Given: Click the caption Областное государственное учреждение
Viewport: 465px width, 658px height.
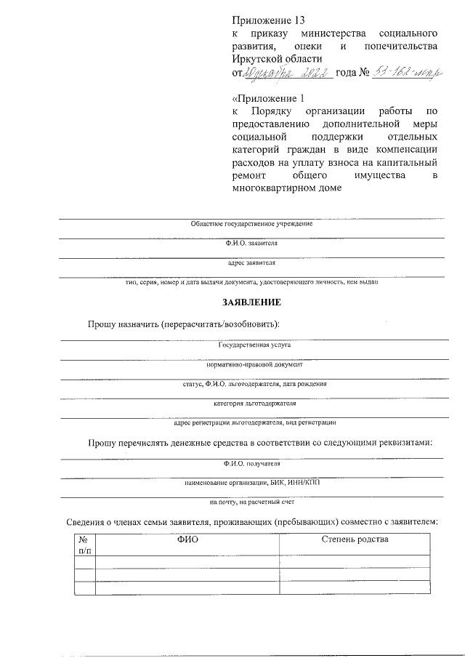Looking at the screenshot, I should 251,223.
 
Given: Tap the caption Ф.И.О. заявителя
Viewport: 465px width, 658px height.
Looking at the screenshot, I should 251,244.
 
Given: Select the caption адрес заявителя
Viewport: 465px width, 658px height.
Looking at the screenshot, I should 251,262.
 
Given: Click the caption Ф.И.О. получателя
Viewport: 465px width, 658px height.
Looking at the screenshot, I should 251,463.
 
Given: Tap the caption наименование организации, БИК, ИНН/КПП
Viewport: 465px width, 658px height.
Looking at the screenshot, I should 251,482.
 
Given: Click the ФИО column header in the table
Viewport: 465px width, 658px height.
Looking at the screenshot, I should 187,539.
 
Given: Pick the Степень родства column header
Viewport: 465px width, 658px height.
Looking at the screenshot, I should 355,539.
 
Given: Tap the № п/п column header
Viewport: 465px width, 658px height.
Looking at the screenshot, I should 84,545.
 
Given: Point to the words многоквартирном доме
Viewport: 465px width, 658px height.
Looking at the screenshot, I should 286,189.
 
